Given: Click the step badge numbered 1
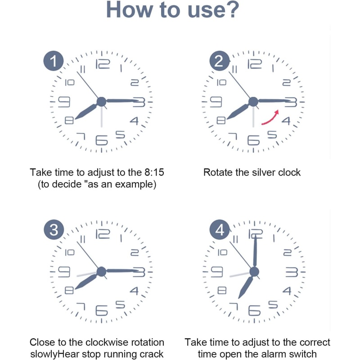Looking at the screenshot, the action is coord(54,61).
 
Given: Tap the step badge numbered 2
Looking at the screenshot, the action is coord(220,61).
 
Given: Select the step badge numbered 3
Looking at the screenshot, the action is coord(54,230).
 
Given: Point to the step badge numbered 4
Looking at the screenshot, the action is coord(220,230).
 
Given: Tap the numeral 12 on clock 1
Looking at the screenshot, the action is coord(103,64).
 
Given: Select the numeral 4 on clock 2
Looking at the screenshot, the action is coord(286,121).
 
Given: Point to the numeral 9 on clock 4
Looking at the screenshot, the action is coord(217,272).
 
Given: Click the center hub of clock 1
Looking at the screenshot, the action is coord(102,102).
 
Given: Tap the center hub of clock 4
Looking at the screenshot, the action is coord(254,272).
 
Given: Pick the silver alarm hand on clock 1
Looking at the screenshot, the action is coord(102,117).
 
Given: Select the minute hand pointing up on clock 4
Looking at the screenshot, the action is coord(255,251).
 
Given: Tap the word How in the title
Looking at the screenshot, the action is coord(129,9).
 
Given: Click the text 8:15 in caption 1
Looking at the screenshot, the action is coord(154,172).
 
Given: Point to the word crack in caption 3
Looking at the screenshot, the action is coord(153,354).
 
